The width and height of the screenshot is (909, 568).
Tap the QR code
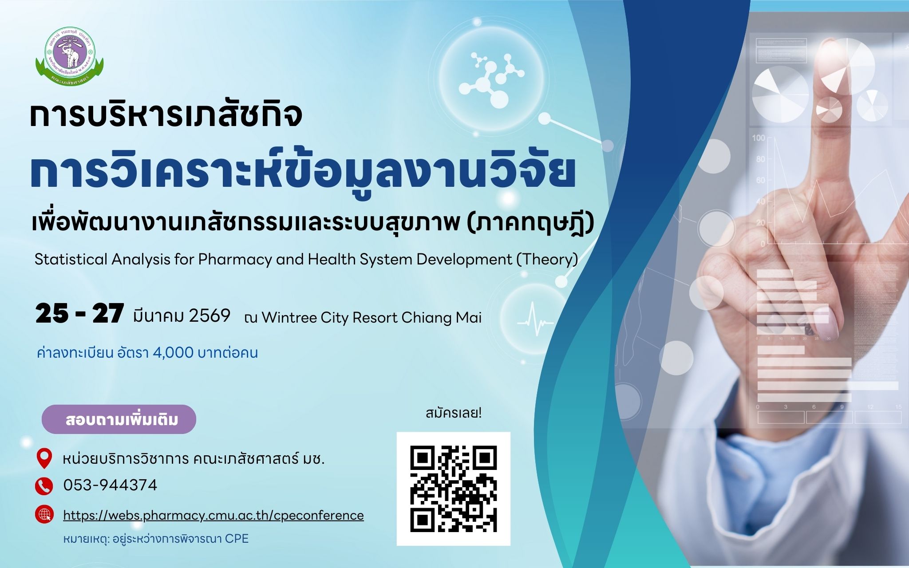click(453, 489)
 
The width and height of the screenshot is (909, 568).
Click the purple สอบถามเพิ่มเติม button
click(119, 419)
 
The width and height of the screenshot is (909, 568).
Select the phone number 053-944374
click(110, 485)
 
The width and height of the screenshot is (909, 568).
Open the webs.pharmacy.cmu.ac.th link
click(213, 515)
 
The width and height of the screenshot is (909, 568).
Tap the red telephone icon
click(43, 486)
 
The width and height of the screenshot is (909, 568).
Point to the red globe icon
click(44, 515)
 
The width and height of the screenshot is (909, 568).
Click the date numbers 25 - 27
click(79, 314)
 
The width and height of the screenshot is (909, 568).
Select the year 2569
click(209, 316)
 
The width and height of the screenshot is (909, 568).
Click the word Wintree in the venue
click(289, 318)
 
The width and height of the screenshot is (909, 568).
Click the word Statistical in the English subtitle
click(71, 259)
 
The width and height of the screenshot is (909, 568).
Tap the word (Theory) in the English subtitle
click(547, 260)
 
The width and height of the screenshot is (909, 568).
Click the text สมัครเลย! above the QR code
click(454, 414)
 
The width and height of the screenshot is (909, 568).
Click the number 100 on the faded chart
click(759, 138)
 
